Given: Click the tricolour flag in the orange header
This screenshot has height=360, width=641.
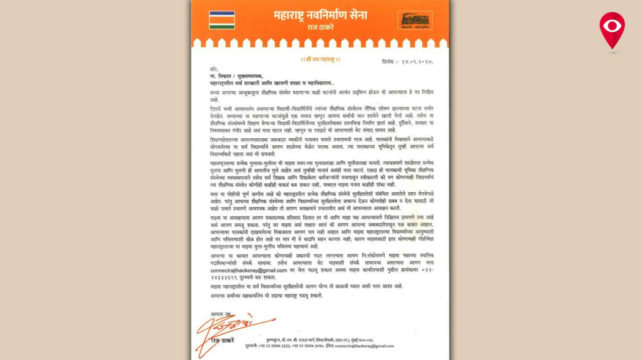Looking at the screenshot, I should [222, 20].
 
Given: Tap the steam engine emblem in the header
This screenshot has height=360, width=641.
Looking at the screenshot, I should [414, 20].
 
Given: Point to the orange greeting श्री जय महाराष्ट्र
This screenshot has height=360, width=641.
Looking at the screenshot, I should [320, 59].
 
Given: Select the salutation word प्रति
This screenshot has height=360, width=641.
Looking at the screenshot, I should [214, 69].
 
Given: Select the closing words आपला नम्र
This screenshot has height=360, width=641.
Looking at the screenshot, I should [220, 314].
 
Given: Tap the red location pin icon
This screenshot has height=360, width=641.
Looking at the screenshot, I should [611, 30].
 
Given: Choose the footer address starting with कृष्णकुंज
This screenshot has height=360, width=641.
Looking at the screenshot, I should [325, 340].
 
